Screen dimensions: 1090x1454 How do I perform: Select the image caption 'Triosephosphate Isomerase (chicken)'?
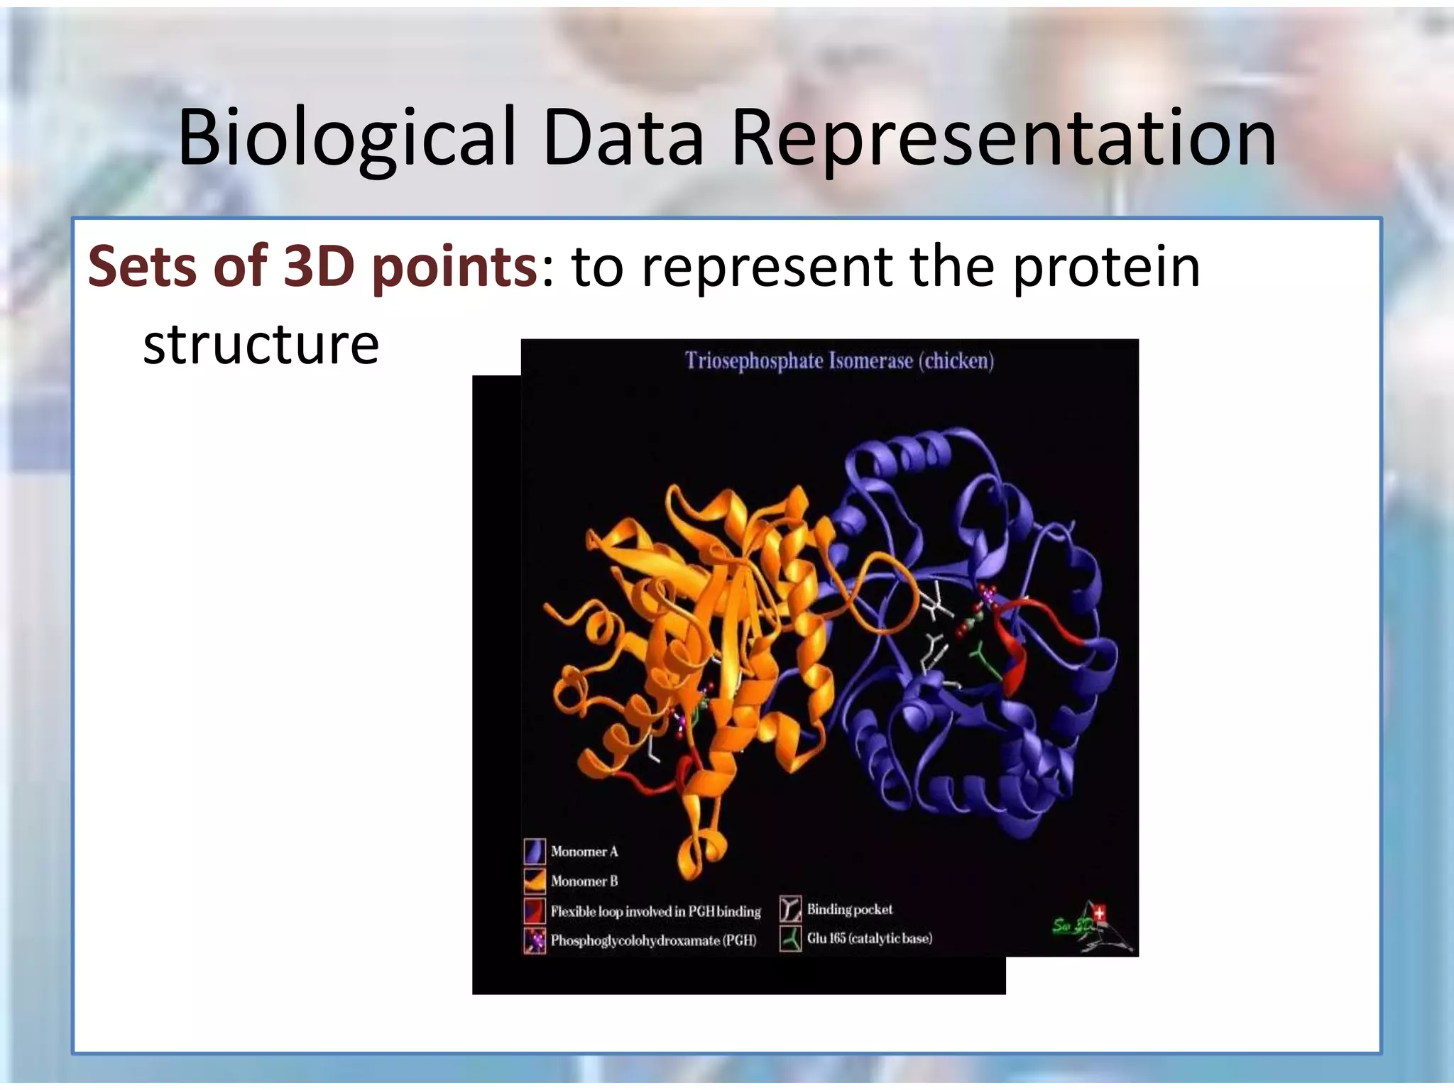tap(839, 361)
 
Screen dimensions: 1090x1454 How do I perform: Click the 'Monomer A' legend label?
tap(584, 852)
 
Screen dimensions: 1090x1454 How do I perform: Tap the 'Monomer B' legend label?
tap(584, 881)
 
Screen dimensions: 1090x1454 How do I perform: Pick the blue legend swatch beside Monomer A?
tap(534, 851)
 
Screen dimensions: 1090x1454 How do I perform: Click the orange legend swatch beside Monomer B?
tap(534, 881)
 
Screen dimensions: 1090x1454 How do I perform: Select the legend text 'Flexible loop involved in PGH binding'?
tap(655, 911)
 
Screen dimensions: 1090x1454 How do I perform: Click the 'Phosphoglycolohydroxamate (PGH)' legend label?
tap(653, 941)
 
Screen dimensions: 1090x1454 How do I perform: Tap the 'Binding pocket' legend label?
tap(849, 910)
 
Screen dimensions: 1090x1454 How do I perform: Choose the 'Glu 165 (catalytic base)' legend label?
tap(869, 939)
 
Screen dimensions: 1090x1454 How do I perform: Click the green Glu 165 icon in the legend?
tap(790, 939)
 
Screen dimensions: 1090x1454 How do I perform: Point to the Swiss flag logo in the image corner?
tap(1100, 913)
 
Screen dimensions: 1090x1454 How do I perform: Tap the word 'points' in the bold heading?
tap(454, 268)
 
